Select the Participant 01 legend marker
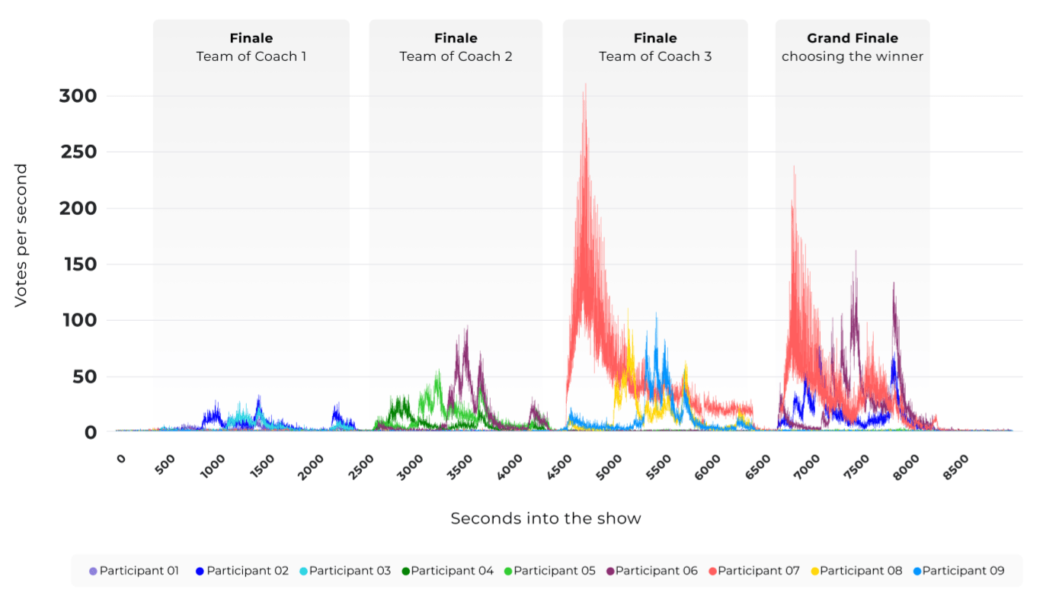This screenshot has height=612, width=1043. tap(93, 571)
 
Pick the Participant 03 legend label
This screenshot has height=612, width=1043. tap(349, 571)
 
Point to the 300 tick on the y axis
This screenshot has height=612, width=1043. tap(78, 96)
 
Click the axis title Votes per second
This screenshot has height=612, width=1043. tap(21, 236)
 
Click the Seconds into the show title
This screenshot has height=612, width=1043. tap(545, 518)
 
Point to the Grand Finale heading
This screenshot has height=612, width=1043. tap(852, 38)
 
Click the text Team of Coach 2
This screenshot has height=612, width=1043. tap(456, 56)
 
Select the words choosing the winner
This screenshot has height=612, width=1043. tap(852, 56)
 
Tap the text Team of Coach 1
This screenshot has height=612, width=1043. tap(251, 56)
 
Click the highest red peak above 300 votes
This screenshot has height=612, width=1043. tap(585, 85)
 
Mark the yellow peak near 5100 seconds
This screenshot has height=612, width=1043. tap(628, 310)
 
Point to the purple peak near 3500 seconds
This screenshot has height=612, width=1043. tap(466, 328)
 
